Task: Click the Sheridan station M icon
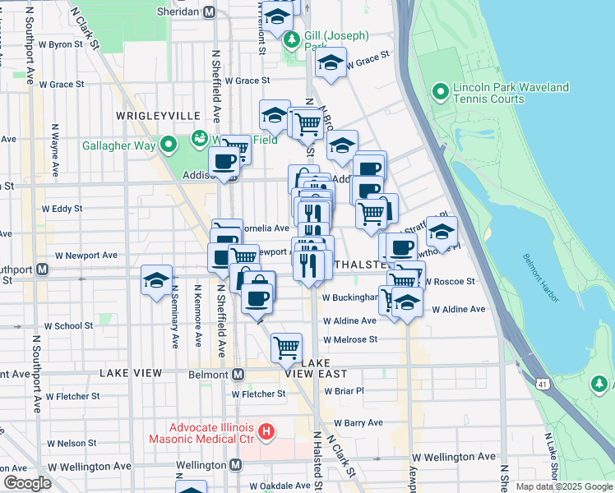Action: [210, 12]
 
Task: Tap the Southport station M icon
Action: [40, 269]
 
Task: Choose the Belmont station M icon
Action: [238, 374]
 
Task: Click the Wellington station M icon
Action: [236, 465]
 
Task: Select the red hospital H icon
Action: [266, 431]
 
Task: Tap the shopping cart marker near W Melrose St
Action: [286, 347]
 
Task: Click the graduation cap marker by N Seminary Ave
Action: [156, 280]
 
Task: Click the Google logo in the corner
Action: [27, 483]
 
